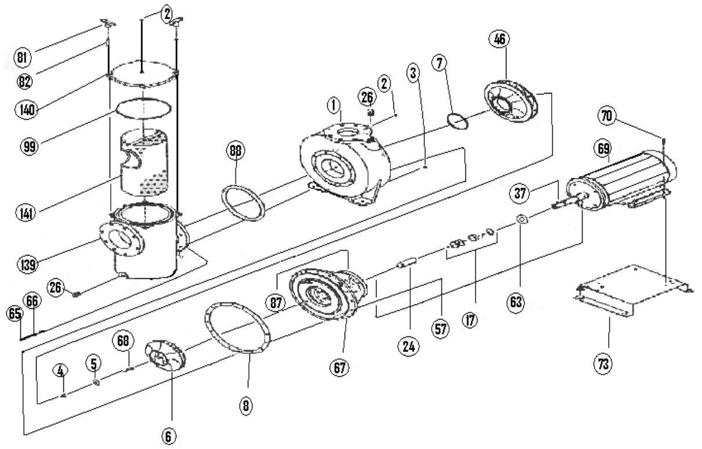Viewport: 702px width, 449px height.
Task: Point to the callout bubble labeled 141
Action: (x=25, y=213)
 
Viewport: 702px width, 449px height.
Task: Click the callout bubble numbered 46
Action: (x=499, y=41)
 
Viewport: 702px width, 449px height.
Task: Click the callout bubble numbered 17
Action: (x=469, y=318)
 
